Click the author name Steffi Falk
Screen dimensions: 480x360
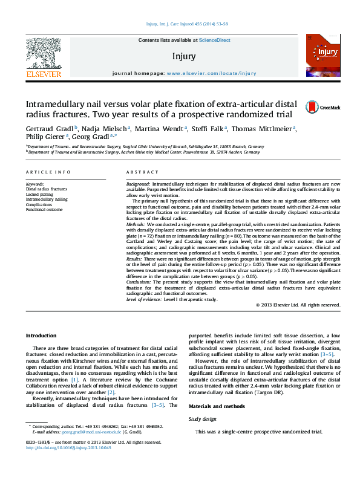pyautogui.click(x=209, y=129)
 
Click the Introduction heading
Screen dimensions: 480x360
pyautogui.click(x=41, y=336)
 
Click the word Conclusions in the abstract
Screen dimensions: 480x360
pyautogui.click(x=140, y=282)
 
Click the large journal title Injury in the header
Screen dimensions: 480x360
pyautogui.click(x=184, y=56)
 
